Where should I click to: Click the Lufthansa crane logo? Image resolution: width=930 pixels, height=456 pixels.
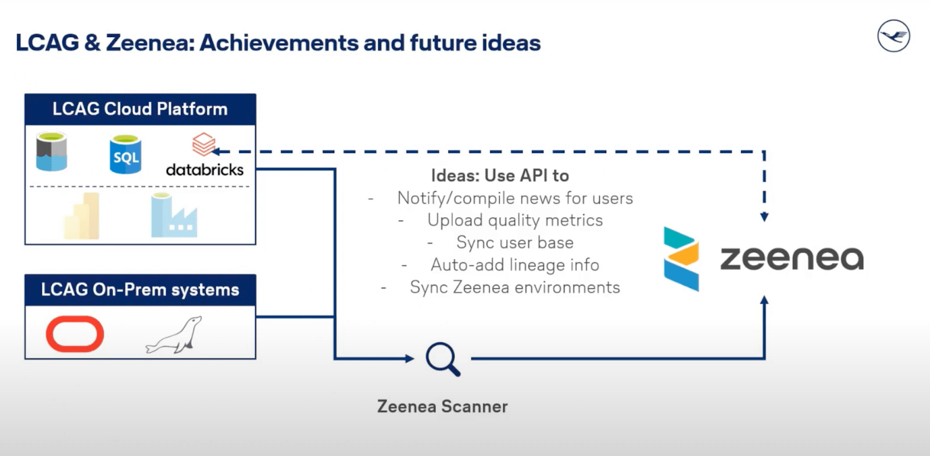(x=893, y=35)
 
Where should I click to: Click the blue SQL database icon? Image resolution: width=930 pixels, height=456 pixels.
(x=126, y=154)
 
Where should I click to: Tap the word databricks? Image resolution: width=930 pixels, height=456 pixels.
(x=205, y=170)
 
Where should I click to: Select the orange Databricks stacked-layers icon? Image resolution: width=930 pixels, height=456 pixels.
(x=203, y=144)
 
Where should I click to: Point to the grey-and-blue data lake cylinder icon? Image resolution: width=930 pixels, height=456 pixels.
(x=52, y=152)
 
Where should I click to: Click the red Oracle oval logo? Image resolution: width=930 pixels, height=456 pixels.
(x=75, y=334)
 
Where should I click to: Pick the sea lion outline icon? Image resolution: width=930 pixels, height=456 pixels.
(x=174, y=335)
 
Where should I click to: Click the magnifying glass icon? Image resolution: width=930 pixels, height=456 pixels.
(x=443, y=359)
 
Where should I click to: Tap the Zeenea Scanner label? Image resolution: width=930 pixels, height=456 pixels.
(x=442, y=406)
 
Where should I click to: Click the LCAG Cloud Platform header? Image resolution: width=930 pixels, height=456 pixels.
(x=140, y=109)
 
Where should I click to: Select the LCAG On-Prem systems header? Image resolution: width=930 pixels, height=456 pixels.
(x=140, y=290)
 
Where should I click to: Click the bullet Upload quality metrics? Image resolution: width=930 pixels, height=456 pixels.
(x=515, y=220)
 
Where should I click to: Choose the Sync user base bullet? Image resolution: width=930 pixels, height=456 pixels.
(x=515, y=242)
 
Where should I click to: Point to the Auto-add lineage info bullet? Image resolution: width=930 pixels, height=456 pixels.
(x=515, y=265)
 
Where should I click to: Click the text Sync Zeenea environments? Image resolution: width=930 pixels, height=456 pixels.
(x=515, y=287)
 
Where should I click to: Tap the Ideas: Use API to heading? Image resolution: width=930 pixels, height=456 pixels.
(x=500, y=175)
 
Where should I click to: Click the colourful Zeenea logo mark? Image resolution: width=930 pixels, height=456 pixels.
(x=681, y=259)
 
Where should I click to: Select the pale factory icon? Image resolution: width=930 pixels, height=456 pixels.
(x=174, y=215)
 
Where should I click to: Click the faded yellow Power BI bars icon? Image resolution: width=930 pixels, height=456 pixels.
(x=81, y=216)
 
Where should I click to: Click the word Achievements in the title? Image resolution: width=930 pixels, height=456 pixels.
(x=279, y=43)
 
